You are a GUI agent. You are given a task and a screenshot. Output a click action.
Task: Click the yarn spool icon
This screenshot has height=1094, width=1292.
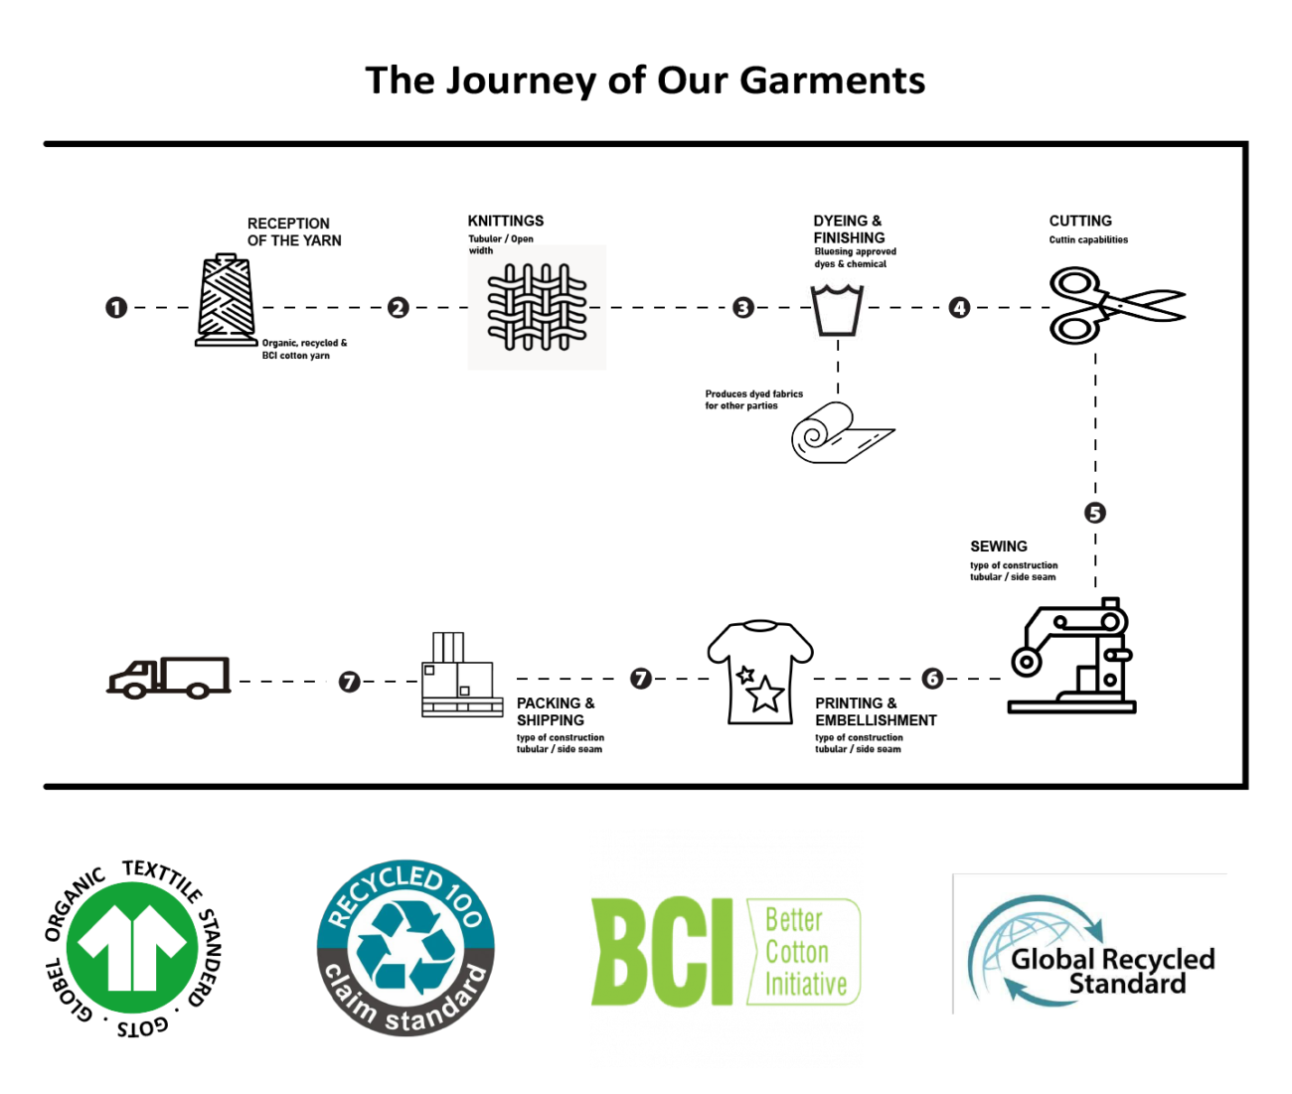coord(226,301)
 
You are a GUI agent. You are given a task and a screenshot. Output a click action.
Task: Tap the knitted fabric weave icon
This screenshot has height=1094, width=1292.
coord(537,307)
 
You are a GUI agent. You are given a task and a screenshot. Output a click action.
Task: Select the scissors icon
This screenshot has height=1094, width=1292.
coord(1116,305)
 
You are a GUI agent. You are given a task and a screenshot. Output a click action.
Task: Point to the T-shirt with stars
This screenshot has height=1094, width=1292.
coord(760,673)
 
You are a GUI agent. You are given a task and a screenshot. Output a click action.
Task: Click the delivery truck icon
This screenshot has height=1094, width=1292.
coord(169,678)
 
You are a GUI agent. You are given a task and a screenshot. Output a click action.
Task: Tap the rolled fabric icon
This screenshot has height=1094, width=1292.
coord(841,433)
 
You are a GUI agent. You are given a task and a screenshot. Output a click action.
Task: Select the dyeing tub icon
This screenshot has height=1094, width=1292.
coord(837,310)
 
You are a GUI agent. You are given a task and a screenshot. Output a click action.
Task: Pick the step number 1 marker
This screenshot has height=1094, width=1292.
coord(116,308)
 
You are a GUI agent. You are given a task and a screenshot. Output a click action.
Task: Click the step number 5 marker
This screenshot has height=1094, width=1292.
coord(1094,513)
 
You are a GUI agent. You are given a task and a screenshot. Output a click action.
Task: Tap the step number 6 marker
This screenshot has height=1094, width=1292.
coord(932,679)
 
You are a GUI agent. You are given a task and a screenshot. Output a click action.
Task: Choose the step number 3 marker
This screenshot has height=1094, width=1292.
coord(742,308)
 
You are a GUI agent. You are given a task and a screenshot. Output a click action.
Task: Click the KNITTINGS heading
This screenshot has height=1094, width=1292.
coord(506,221)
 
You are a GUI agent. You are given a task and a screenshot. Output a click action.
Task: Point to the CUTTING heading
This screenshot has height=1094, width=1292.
coord(1080,221)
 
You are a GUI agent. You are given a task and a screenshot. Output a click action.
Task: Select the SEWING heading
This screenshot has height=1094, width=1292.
coord(999,547)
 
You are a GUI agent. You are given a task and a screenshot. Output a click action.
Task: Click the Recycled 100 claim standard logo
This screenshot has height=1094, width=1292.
coord(405,948)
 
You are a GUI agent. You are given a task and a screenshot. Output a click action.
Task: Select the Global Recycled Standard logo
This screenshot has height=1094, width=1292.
coord(1090,945)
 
